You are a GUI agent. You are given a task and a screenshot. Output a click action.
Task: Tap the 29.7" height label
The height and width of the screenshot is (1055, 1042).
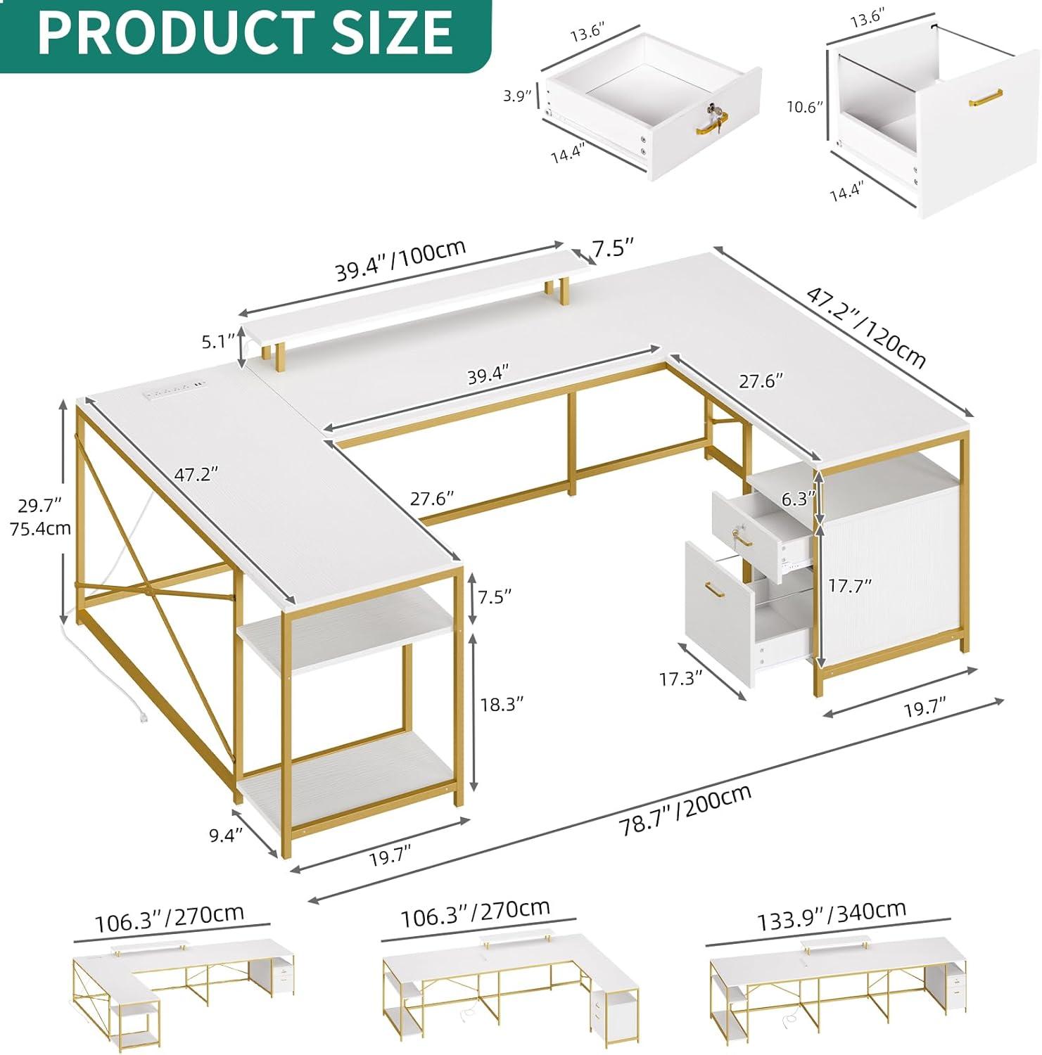click(x=40, y=504)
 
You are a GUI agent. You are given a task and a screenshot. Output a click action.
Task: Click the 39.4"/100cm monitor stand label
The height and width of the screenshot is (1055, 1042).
click(x=400, y=261)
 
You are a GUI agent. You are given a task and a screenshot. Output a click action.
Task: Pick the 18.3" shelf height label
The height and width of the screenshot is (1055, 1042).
click(x=502, y=704)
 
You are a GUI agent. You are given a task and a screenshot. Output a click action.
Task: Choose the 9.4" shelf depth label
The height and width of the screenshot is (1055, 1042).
click(x=225, y=835)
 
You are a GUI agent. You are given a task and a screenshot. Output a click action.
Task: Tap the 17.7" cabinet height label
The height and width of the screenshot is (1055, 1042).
click(x=849, y=585)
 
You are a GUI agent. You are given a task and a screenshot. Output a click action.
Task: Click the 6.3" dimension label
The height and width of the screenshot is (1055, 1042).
click(x=798, y=499)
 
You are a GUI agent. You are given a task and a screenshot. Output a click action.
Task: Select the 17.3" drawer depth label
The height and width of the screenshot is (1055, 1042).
click(x=681, y=678)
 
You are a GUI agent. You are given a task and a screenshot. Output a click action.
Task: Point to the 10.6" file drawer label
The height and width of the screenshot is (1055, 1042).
click(x=805, y=107)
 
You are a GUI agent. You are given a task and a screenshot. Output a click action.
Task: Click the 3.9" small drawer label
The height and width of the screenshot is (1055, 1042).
click(x=517, y=96)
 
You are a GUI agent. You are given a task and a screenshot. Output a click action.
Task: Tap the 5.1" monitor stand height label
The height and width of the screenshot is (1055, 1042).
click(x=217, y=342)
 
